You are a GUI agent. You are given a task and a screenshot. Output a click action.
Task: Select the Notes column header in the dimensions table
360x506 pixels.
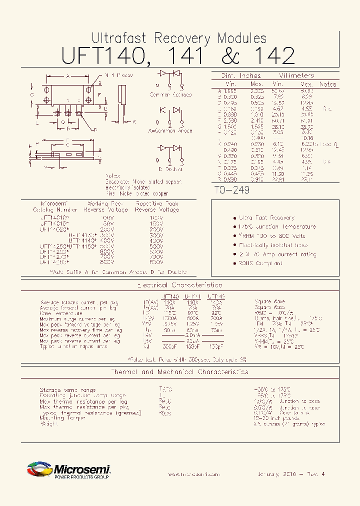tap(327, 84)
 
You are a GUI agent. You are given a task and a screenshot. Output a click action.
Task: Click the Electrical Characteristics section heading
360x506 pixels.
tap(179, 285)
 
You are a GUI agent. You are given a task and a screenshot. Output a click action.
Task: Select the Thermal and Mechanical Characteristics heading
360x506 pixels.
tap(179, 372)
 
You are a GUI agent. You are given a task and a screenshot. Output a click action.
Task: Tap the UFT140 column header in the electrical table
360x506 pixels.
tap(171, 296)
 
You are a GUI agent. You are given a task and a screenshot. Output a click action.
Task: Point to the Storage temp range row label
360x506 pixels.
tap(67, 390)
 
